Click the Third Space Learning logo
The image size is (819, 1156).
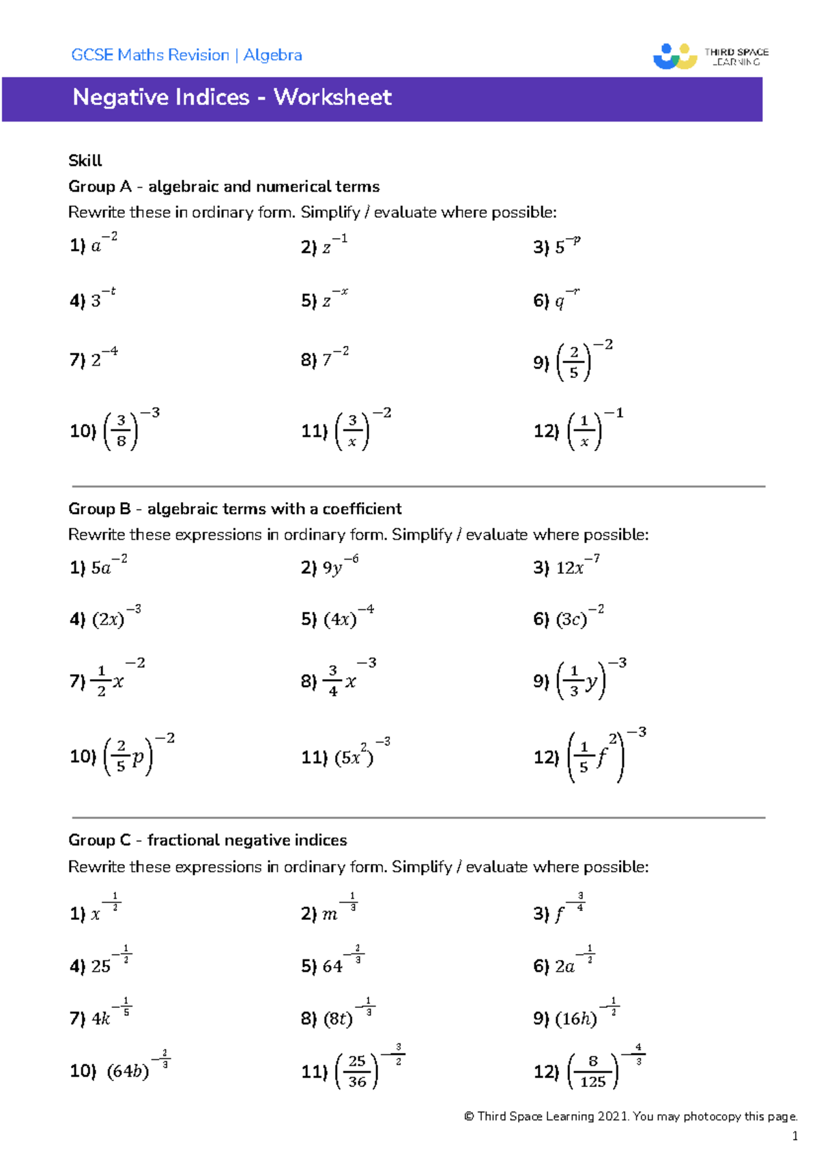pyautogui.click(x=710, y=56)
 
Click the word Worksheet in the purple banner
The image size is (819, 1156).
pyautogui.click(x=332, y=97)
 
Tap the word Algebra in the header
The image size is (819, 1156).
pyautogui.click(x=272, y=55)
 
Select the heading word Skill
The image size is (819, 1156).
pyautogui.click(x=85, y=160)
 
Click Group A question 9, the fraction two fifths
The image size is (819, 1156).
pyautogui.click(x=574, y=362)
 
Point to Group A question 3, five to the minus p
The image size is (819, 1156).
pyautogui.click(x=566, y=246)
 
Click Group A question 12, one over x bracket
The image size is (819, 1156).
pyautogui.click(x=584, y=431)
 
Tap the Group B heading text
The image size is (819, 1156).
pyautogui.click(x=235, y=508)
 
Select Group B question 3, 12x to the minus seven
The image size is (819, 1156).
pyautogui.click(x=577, y=566)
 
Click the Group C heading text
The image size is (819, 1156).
pyautogui.click(x=207, y=840)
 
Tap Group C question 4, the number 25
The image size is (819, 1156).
pyautogui.click(x=100, y=966)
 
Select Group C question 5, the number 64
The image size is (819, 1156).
pyautogui.click(x=332, y=966)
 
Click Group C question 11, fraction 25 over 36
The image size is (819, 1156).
pyautogui.click(x=357, y=1071)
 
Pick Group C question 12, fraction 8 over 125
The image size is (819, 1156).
pyautogui.click(x=592, y=1071)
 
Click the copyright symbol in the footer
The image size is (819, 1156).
pyautogui.click(x=469, y=1116)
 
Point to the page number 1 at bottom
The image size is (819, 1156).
pyautogui.click(x=794, y=1136)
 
